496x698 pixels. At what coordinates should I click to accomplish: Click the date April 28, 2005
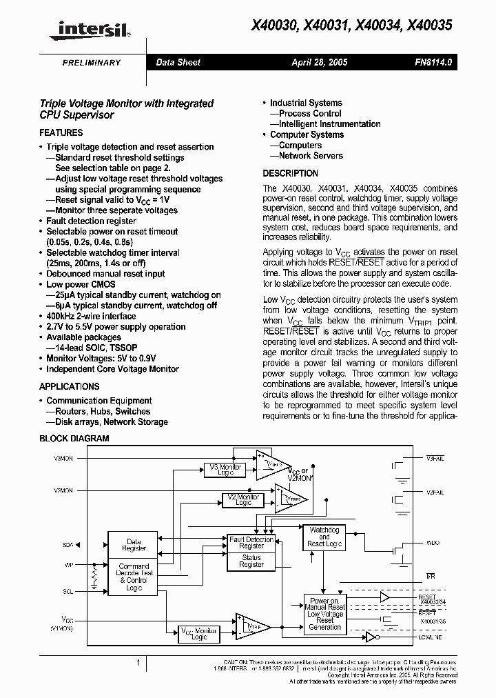pyautogui.click(x=319, y=62)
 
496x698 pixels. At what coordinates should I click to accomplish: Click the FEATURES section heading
pyautogui.click(x=61, y=132)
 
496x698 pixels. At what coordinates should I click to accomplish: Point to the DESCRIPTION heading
pyautogui.click(x=290, y=173)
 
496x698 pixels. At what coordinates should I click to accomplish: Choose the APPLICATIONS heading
pyautogui.click(x=69, y=386)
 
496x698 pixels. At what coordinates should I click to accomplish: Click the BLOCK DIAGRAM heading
pyautogui.click(x=74, y=439)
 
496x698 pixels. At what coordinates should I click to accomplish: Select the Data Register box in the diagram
pyautogui.click(x=134, y=545)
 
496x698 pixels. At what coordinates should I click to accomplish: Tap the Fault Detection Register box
pyautogui.click(x=251, y=542)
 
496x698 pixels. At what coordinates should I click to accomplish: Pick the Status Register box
pyautogui.click(x=251, y=561)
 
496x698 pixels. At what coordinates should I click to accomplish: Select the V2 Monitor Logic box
pyautogui.click(x=244, y=500)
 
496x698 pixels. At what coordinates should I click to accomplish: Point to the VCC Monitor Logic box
pyautogui.click(x=198, y=635)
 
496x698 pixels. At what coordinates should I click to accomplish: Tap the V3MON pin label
pyautogui.click(x=63, y=458)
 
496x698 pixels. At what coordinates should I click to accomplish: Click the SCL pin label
pyautogui.click(x=68, y=591)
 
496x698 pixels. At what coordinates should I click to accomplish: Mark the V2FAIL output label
pyautogui.click(x=435, y=492)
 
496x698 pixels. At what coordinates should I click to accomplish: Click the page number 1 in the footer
pyautogui.click(x=138, y=663)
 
